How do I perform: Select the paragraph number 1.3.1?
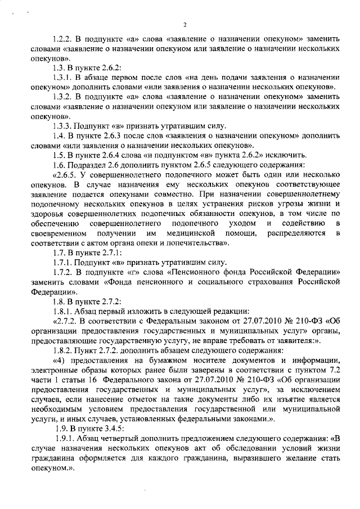coord(59,77)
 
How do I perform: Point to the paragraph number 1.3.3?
coord(59,125)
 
